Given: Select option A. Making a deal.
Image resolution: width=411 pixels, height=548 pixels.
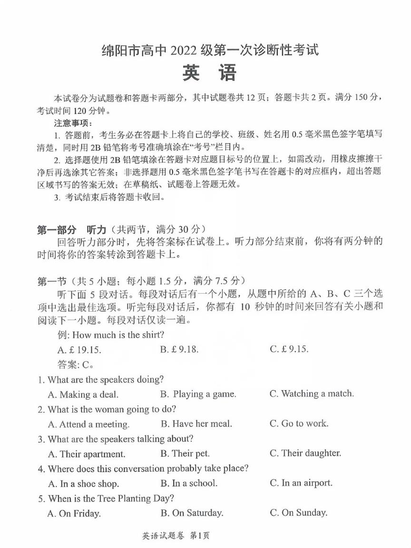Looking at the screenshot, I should click(x=83, y=394).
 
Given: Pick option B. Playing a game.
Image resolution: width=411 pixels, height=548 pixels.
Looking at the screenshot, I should click(x=198, y=394).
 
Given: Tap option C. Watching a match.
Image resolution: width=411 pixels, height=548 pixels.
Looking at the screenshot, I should click(x=312, y=393).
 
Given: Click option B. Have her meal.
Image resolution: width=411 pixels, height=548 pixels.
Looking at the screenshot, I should click(x=196, y=423).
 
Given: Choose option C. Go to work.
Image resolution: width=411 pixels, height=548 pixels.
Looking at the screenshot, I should click(x=299, y=423).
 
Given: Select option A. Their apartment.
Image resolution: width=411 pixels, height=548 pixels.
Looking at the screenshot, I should click(x=87, y=454).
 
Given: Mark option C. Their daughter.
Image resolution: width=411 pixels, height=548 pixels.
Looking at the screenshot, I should click(x=305, y=453).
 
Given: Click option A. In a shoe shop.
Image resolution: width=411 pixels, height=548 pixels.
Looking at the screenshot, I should click(x=83, y=484).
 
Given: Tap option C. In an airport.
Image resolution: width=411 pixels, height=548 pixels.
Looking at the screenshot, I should click(x=301, y=483).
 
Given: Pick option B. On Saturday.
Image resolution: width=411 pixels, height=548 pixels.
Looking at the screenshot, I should click(x=192, y=513).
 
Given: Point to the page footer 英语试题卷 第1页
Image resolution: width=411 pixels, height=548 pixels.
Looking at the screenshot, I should click(x=176, y=536).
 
